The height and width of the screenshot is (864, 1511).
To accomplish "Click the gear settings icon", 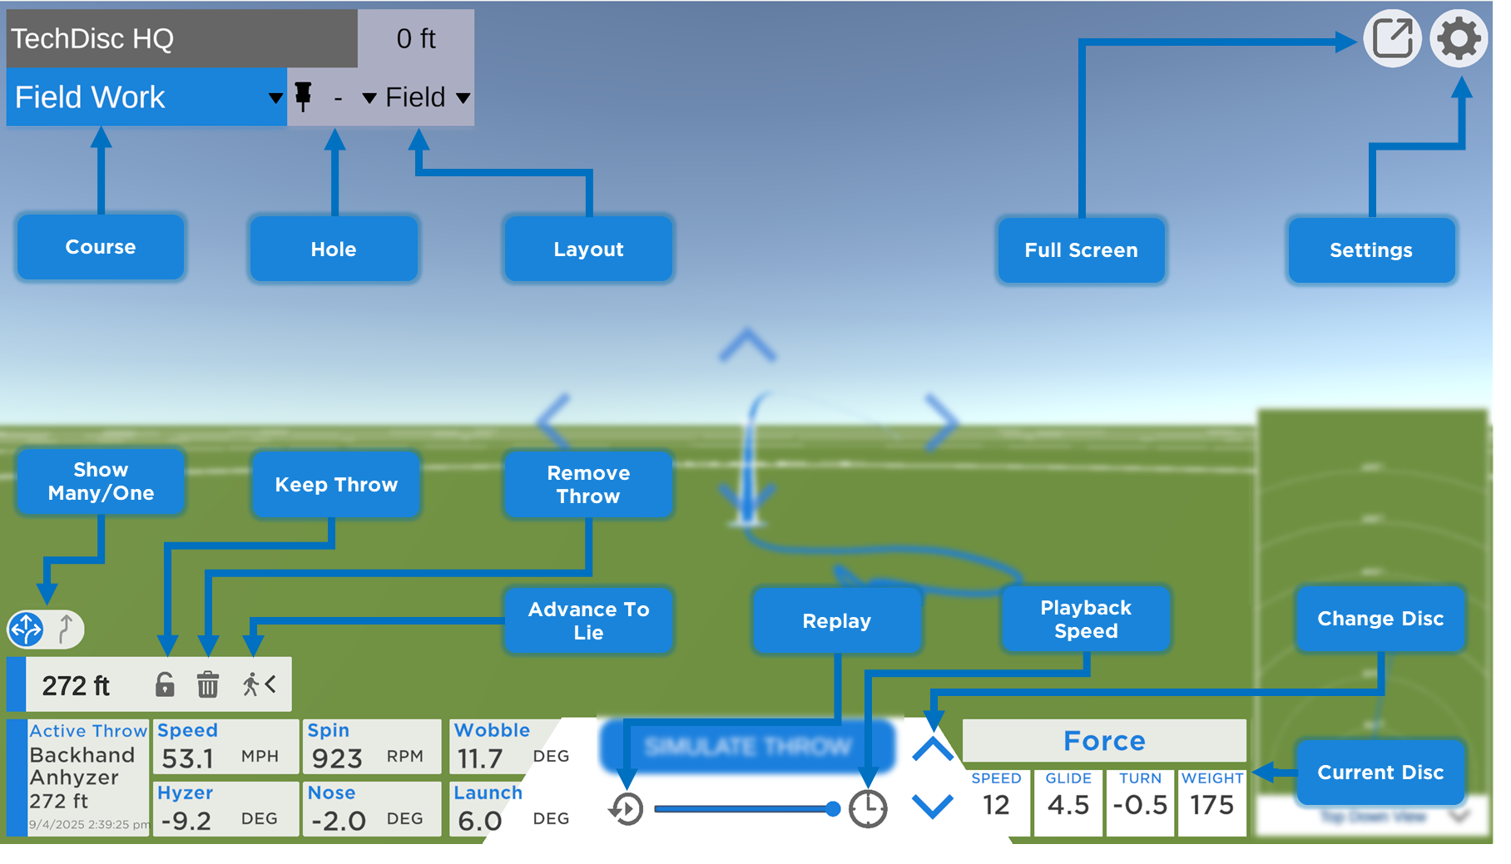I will pyautogui.click(x=1459, y=38).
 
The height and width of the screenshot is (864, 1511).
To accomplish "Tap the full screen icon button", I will pyautogui.click(x=1392, y=38).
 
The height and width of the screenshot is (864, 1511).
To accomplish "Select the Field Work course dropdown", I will pyautogui.click(x=146, y=97).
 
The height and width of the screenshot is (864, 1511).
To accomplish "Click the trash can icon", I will pyautogui.click(x=207, y=685).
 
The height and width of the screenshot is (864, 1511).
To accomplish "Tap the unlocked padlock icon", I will pyautogui.click(x=165, y=684).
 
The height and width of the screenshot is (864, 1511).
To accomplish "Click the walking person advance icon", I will pyautogui.click(x=258, y=684).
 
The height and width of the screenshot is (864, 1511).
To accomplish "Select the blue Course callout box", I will pyautogui.click(x=101, y=247).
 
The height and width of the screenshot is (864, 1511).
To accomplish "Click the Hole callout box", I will pyautogui.click(x=334, y=249).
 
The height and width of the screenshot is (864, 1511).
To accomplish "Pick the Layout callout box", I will pyautogui.click(x=588, y=249).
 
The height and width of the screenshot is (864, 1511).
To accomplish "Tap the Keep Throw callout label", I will pyautogui.click(x=336, y=485).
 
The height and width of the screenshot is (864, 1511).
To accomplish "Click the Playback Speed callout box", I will pyautogui.click(x=1086, y=620).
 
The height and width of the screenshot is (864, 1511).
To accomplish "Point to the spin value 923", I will pyautogui.click(x=337, y=758).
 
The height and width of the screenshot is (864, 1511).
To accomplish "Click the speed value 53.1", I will pyautogui.click(x=188, y=758).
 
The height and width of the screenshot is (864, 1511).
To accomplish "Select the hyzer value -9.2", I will pyautogui.click(x=186, y=821).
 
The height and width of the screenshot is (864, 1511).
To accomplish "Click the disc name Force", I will pyautogui.click(x=1104, y=740).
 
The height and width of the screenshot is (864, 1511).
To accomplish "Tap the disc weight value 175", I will pyautogui.click(x=1211, y=805).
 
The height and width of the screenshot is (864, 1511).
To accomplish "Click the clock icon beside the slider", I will pyautogui.click(x=867, y=808).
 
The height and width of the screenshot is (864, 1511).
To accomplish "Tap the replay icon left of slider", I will pyautogui.click(x=626, y=808).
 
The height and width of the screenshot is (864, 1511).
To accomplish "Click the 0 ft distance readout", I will pyautogui.click(x=416, y=38).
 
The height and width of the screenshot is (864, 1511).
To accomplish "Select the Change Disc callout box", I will pyautogui.click(x=1380, y=619).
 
